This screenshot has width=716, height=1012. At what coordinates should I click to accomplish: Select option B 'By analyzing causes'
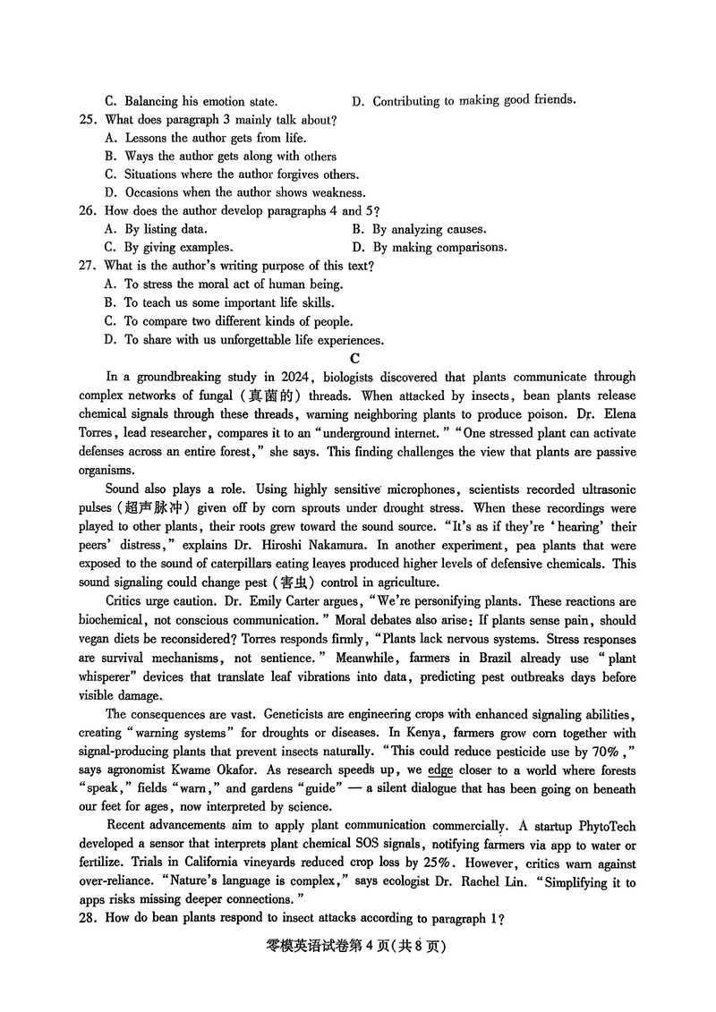(420, 229)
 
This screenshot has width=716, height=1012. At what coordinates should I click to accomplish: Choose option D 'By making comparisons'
(430, 247)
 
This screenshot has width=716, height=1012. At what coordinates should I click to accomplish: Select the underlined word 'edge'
(440, 770)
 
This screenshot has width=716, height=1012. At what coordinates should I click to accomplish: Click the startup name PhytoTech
(601, 826)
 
